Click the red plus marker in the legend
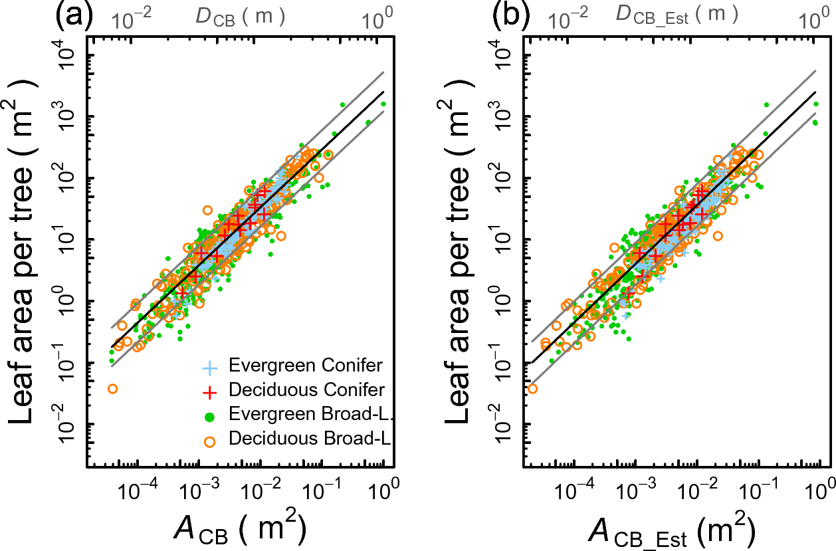210,391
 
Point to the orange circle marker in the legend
210,439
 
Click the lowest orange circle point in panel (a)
112,389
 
